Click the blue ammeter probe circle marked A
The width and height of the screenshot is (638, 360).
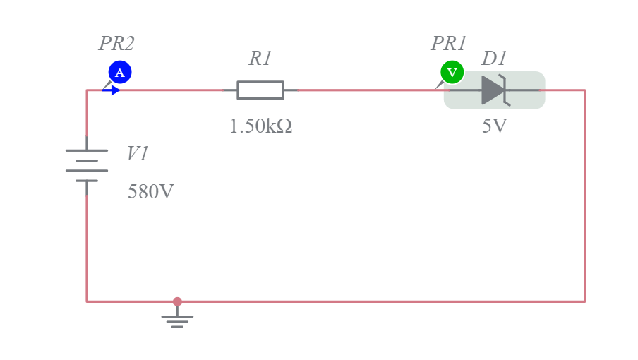click(x=120, y=73)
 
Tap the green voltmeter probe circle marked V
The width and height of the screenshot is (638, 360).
click(x=452, y=73)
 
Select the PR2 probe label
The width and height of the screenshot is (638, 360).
click(x=116, y=44)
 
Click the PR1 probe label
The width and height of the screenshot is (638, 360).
click(x=448, y=44)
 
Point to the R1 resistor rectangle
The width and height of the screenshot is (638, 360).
click(x=260, y=90)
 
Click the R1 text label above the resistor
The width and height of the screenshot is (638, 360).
click(x=260, y=58)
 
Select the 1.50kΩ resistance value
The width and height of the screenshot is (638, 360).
click(x=261, y=126)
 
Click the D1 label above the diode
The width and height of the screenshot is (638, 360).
click(x=494, y=58)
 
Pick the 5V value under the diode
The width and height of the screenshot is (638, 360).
click(x=494, y=126)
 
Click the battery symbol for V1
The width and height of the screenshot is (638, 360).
click(x=87, y=166)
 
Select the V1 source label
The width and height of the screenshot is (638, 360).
click(x=138, y=154)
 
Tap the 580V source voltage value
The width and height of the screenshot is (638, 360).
click(x=150, y=191)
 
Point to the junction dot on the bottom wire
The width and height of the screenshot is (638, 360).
click(x=177, y=301)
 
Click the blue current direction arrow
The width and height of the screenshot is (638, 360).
click(x=111, y=90)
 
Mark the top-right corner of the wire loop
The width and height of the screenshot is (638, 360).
click(x=585, y=90)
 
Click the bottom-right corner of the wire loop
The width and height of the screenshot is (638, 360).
click(x=585, y=301)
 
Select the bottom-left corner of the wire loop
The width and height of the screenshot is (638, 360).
click(x=87, y=301)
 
